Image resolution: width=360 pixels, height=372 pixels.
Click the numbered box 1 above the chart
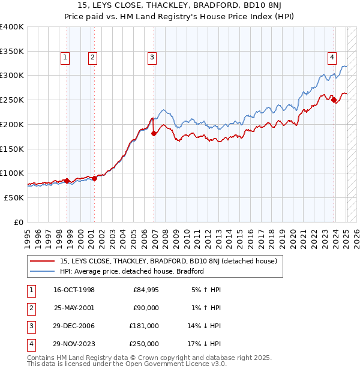coord(65,58)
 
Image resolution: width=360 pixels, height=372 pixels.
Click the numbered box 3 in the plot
coord(152,58)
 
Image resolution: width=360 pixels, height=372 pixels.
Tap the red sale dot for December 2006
coord(154,133)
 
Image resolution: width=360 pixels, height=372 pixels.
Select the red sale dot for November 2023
coord(334,100)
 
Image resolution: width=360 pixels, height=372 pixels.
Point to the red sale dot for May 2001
coord(95,178)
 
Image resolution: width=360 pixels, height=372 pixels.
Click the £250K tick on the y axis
coord(12,100)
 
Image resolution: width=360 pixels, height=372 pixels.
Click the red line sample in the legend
coord(43,261)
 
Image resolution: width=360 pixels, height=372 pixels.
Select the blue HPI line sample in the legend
coord(43,271)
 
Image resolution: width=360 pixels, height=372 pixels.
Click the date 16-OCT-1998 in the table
coord(74,290)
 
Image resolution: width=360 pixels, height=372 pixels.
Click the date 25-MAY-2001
coord(74,308)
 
